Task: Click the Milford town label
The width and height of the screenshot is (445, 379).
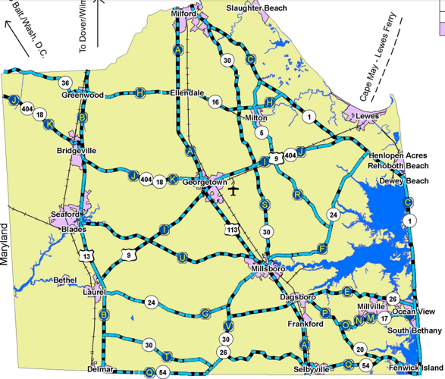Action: (184, 14)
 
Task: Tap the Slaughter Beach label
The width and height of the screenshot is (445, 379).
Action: (257, 8)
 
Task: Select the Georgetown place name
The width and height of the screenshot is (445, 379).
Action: (205, 183)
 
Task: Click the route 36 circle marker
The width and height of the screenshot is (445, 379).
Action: (66, 83)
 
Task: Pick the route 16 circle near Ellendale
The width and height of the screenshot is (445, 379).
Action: (215, 102)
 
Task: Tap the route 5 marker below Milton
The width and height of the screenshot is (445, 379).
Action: (262, 133)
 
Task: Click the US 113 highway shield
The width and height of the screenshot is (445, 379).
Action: (230, 227)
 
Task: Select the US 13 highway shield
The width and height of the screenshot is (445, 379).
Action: (89, 256)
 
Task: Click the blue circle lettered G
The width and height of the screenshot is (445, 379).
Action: (205, 312)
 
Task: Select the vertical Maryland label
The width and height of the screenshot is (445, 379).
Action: (6, 244)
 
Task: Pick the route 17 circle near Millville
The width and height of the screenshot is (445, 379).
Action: (384, 318)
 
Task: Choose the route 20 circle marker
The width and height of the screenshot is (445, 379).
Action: (360, 349)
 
